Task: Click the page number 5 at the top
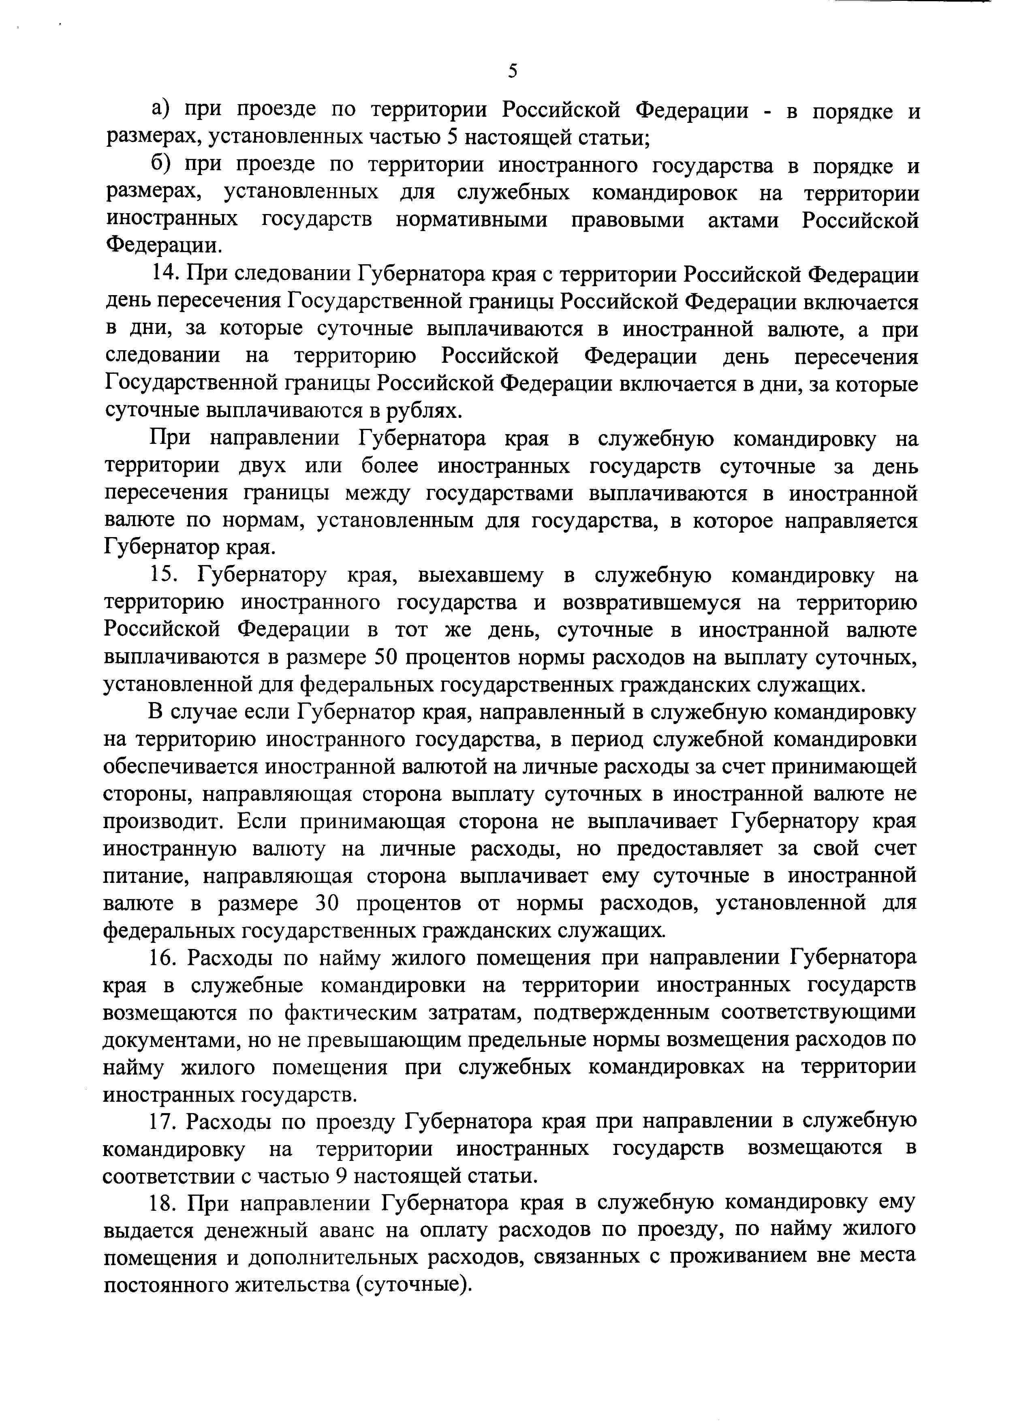[x=513, y=71]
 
